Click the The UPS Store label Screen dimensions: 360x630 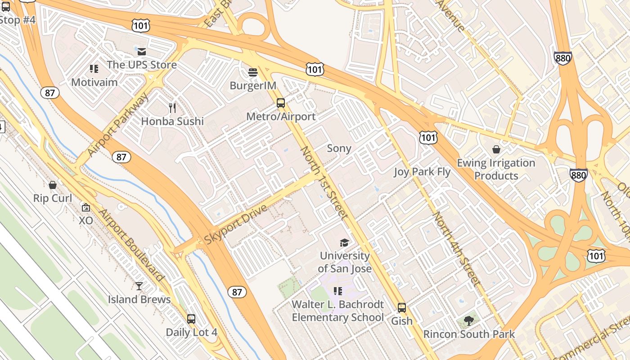point(142,65)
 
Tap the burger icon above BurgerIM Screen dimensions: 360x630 point(253,72)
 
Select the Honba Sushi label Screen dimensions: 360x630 point(172,121)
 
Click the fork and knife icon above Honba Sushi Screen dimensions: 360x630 point(172,108)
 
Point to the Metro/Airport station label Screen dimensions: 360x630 point(281,117)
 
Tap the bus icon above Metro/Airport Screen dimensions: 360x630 point(281,103)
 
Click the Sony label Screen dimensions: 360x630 point(339,148)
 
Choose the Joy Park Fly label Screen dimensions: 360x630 point(422,171)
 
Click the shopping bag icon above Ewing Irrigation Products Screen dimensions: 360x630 point(496,149)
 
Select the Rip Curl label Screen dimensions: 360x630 point(53,198)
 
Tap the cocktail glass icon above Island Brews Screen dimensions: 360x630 point(139,286)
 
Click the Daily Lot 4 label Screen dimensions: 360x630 point(191,333)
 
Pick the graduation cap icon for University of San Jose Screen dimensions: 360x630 point(344,243)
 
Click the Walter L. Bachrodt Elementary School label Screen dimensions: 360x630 point(337,311)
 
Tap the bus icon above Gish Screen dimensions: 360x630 point(402,308)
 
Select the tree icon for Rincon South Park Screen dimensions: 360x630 point(469,321)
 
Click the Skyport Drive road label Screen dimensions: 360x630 point(236,225)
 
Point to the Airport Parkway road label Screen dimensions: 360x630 point(117,125)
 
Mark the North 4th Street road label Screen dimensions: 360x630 point(456,248)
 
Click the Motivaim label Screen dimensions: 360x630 point(94,82)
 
